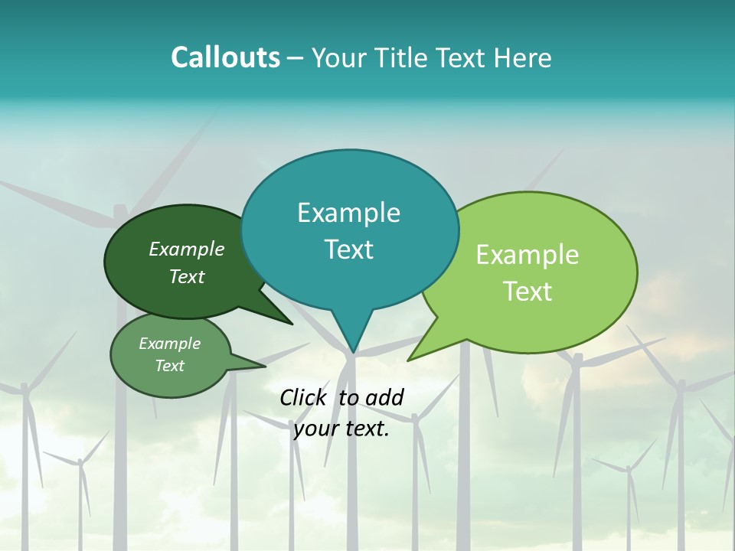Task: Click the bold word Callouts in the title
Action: tap(226, 57)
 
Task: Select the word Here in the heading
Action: tap(523, 57)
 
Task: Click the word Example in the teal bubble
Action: tap(348, 213)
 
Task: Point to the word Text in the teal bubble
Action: tap(348, 249)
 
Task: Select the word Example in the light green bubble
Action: tap(528, 255)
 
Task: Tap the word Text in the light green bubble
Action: tap(528, 292)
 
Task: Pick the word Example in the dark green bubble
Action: tap(187, 249)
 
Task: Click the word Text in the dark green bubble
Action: tap(187, 276)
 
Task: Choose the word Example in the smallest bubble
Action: tap(169, 344)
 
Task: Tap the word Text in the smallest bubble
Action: tap(169, 366)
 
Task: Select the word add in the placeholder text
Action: tap(384, 397)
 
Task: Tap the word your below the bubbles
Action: tap(315, 429)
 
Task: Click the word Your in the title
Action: tap(340, 57)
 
